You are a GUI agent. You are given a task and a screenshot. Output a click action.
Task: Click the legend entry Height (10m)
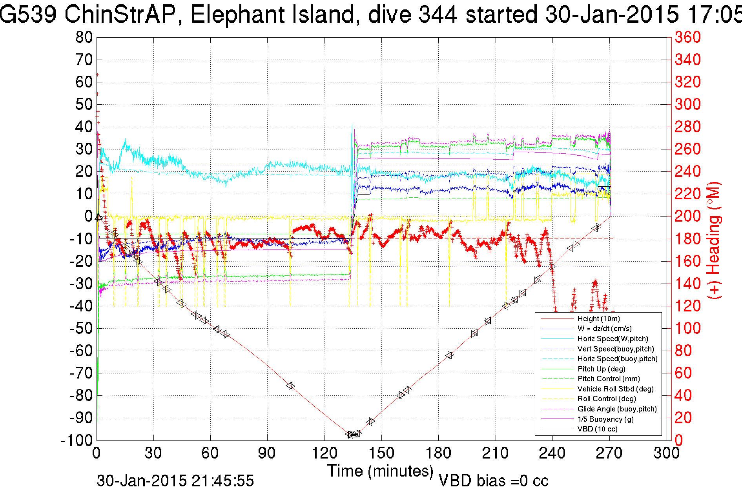pyautogui.click(x=598, y=319)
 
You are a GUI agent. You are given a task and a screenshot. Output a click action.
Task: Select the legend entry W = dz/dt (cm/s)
pyautogui.click(x=604, y=329)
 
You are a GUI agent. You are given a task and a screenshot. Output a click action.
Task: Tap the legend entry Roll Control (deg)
pyautogui.click(x=606, y=399)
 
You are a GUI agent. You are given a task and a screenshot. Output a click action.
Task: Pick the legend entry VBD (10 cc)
pyautogui.click(x=597, y=429)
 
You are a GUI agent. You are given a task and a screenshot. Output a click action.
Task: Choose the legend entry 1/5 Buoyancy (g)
pyautogui.click(x=605, y=419)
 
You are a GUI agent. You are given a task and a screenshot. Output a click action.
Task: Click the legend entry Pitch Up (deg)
pyautogui.click(x=601, y=369)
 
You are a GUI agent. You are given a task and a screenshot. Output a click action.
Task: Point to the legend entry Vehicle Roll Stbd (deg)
pyautogui.click(x=615, y=389)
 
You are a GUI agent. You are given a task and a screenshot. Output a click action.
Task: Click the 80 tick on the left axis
pyautogui.click(x=84, y=38)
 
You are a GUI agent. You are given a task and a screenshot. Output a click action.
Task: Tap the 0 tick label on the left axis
pyautogui.click(x=88, y=216)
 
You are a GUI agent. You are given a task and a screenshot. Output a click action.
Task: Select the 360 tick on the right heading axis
pyautogui.click(x=687, y=38)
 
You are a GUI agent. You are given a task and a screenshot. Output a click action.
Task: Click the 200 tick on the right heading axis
pyautogui.click(x=687, y=216)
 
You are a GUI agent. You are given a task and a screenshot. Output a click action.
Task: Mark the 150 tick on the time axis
pyautogui.click(x=381, y=453)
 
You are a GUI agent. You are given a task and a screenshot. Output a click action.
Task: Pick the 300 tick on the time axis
pyautogui.click(x=666, y=453)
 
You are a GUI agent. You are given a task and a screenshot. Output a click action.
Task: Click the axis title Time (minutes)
pyautogui.click(x=380, y=471)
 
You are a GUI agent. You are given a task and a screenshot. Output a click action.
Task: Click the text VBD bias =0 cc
pyautogui.click(x=493, y=481)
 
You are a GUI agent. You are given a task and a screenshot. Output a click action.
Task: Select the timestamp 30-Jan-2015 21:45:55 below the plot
pyautogui.click(x=175, y=481)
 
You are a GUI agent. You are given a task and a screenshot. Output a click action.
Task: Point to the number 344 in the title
pyautogui.click(x=438, y=15)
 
